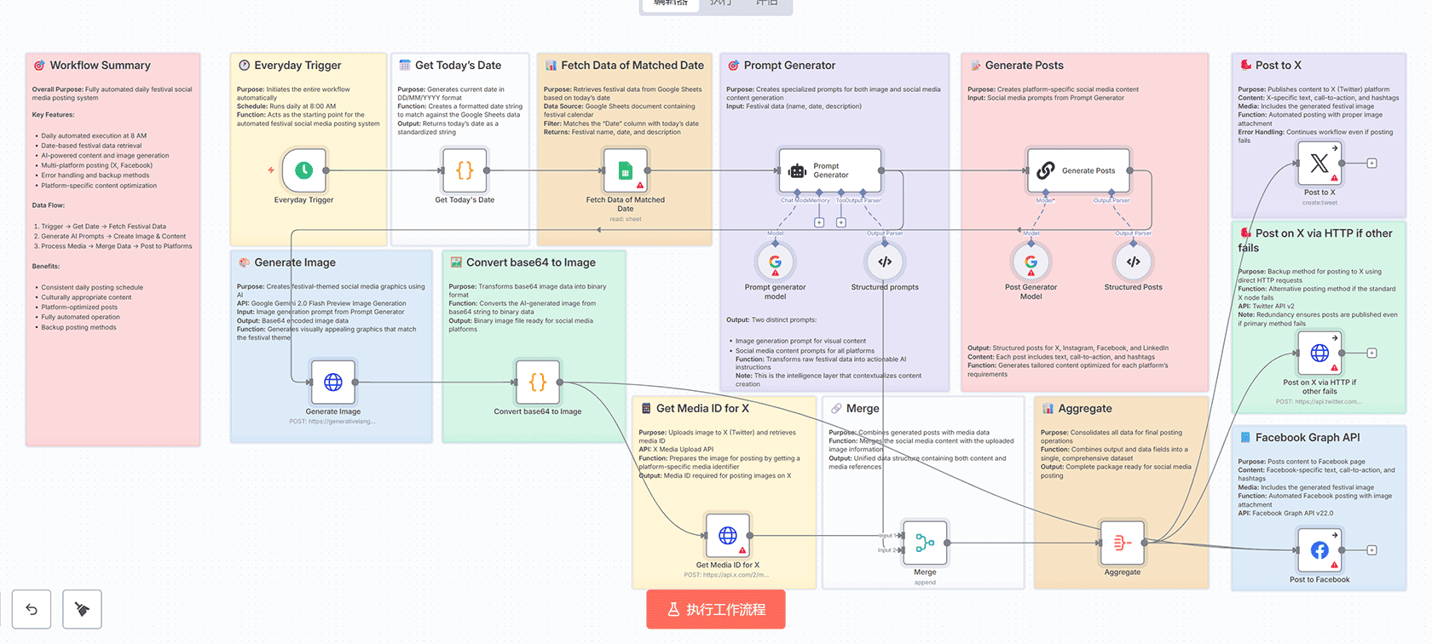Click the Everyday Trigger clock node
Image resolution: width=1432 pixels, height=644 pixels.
(x=303, y=170)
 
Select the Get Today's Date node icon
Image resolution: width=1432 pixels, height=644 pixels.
(x=465, y=170)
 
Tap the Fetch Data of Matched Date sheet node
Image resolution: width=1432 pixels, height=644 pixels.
(x=625, y=170)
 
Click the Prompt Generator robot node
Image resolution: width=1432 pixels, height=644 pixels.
(x=829, y=170)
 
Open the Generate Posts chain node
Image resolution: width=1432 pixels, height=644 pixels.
(x=1078, y=170)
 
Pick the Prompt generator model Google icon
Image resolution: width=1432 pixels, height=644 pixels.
(x=775, y=262)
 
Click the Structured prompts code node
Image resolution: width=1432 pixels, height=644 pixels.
(x=885, y=262)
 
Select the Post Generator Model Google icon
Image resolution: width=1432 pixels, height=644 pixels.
(x=1031, y=262)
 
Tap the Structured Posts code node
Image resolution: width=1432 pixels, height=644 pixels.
(x=1133, y=262)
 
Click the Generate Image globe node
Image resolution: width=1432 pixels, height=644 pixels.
(x=333, y=382)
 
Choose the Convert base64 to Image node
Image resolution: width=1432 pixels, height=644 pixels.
(x=538, y=382)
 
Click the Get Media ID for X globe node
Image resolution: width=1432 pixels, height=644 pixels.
(x=727, y=536)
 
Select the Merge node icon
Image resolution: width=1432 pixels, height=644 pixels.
(x=925, y=543)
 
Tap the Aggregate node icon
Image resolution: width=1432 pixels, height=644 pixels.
(x=1123, y=543)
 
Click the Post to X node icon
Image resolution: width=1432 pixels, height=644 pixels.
(x=1319, y=164)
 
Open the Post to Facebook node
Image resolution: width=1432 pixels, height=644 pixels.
(x=1319, y=550)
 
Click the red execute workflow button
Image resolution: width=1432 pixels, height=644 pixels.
(x=716, y=610)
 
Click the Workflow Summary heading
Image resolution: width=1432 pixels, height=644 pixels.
(x=100, y=66)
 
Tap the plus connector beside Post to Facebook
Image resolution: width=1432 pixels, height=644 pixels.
(x=1371, y=550)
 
